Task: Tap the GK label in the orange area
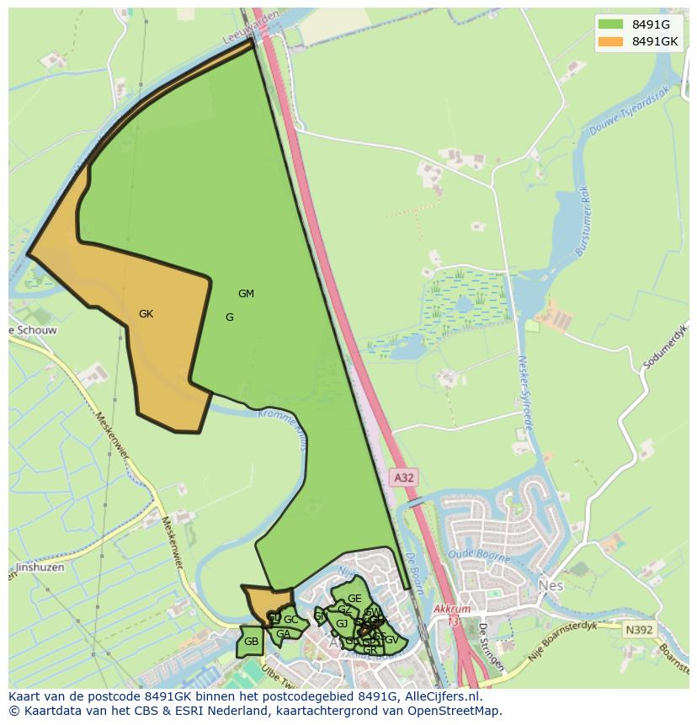coord(146,314)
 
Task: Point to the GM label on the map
coord(246,294)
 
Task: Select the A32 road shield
coord(404,477)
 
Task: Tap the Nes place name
coord(551,584)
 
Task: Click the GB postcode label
coord(251,642)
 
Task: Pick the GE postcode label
coord(354,599)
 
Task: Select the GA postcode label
coord(283,634)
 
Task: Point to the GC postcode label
coord(290,620)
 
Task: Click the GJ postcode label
coord(342,624)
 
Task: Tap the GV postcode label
coord(391,640)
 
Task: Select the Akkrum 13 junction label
coord(448,612)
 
